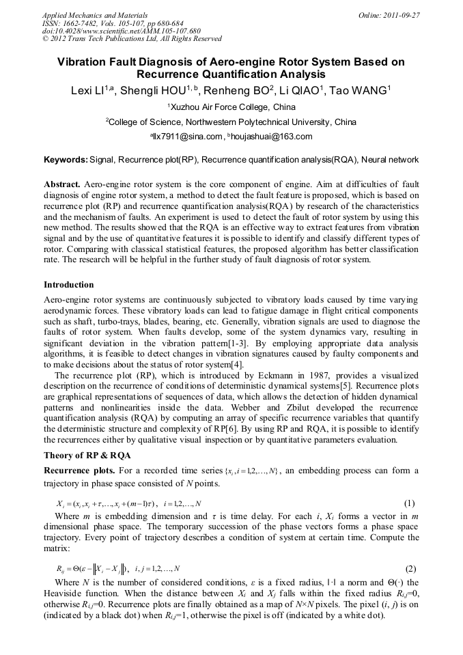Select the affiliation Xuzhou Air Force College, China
coord(232,107)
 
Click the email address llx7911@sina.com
coord(188,136)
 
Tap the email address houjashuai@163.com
coord(272,136)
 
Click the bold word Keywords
coord(66,160)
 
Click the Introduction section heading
coord(69,284)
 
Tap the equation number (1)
coord(410,503)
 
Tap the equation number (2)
coord(410,568)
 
